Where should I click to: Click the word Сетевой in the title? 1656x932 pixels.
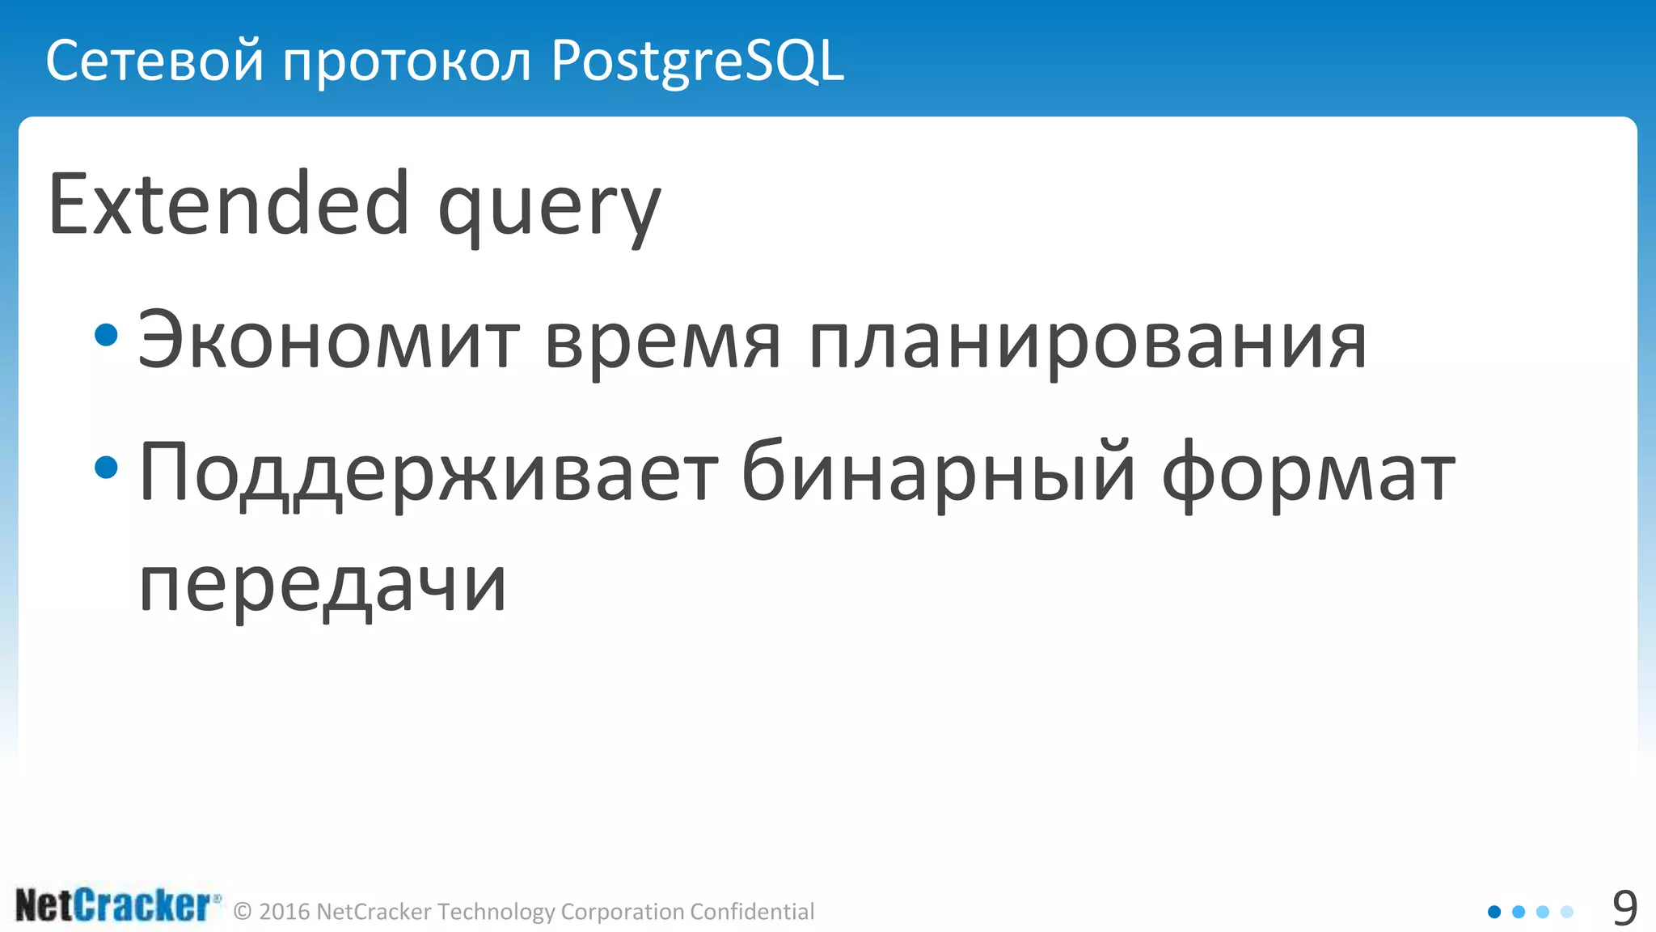[154, 61]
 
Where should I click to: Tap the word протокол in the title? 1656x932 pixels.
[407, 62]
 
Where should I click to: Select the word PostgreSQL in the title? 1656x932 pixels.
[697, 62]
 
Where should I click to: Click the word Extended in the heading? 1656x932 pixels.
[229, 205]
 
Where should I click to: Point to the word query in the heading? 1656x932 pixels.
[549, 210]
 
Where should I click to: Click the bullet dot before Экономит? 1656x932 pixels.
[106, 335]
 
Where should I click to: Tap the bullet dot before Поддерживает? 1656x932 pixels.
[106, 467]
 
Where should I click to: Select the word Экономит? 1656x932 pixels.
[328, 341]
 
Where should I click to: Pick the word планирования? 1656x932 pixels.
[1088, 343]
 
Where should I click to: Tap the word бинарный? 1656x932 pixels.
[939, 474]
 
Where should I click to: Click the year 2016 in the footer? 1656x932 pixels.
[285, 912]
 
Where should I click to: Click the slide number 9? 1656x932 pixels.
[1624, 909]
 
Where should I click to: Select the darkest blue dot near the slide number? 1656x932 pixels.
[1494, 912]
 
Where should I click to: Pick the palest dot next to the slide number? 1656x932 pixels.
[1567, 912]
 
